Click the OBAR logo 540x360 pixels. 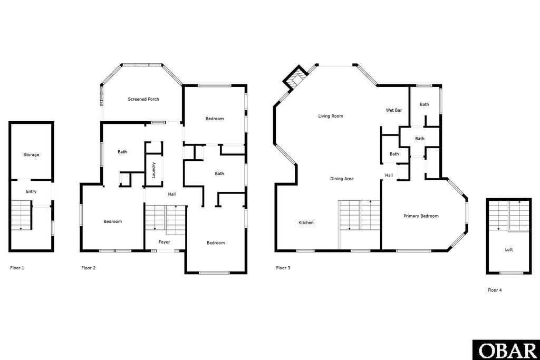coord(506,350)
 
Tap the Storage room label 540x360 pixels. coord(31,155)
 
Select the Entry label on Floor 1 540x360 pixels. coord(31,191)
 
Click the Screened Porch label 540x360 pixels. coord(143,99)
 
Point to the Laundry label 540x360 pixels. coord(153,170)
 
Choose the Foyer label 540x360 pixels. coord(165,242)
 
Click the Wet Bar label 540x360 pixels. coord(394,111)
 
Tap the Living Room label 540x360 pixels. coord(331,116)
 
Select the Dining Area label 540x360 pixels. coord(342,179)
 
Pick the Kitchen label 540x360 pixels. coord(306,222)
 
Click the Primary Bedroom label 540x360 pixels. coord(421,216)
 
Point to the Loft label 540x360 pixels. coord(509,250)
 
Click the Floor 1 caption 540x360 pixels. coord(17,268)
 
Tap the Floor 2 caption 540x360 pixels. coord(89,268)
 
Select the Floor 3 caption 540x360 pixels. coord(283,268)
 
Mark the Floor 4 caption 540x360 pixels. coord(495,290)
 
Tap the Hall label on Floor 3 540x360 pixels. coord(389,176)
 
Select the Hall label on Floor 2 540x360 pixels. coord(172,194)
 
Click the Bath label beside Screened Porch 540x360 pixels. coord(122,152)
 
